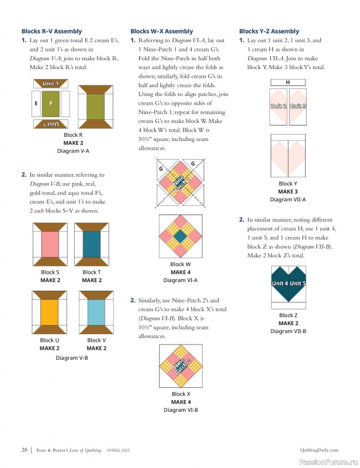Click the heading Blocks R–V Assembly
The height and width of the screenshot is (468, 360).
pyautogui.click(x=51, y=31)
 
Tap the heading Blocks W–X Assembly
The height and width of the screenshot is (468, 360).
pyautogui.click(x=161, y=31)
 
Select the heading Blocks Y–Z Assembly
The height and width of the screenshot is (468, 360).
pyautogui.click(x=269, y=31)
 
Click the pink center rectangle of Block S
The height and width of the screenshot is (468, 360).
pyautogui.click(x=50, y=244)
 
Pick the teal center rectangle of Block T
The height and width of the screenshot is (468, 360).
pyautogui.click(x=92, y=244)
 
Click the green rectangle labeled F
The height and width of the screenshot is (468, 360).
pyautogui.click(x=51, y=104)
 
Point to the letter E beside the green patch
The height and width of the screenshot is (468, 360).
pyautogui.click(x=36, y=104)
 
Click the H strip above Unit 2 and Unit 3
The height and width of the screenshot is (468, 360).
pyautogui.click(x=288, y=82)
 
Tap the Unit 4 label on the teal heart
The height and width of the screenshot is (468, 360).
pyautogui.click(x=279, y=284)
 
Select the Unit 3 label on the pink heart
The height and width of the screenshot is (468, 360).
pyautogui.click(x=297, y=106)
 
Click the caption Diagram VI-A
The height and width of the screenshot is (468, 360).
pyautogui.click(x=181, y=280)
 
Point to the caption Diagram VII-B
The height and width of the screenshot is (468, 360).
pyautogui.click(x=288, y=331)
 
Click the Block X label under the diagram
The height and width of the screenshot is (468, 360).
pyautogui.click(x=181, y=394)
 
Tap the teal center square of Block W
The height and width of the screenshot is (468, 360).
pyautogui.click(x=181, y=236)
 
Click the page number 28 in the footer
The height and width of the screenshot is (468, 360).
pyautogui.click(x=25, y=450)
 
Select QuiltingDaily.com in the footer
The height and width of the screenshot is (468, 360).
pyautogui.click(x=319, y=450)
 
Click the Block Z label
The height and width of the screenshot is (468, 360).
pyautogui.click(x=288, y=315)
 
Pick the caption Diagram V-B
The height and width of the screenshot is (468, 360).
pyautogui.click(x=72, y=357)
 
